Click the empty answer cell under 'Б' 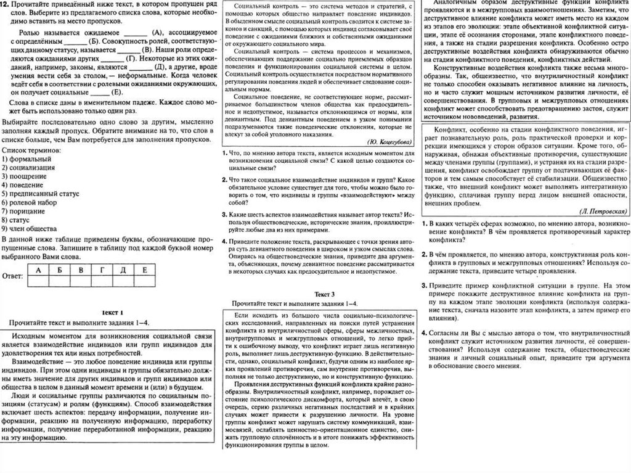tap(60, 281)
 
